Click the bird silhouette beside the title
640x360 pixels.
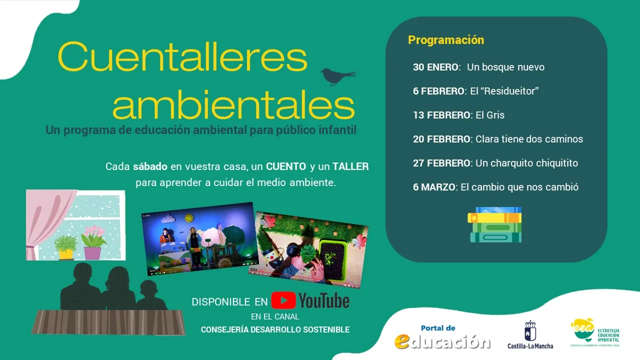click(x=336, y=76)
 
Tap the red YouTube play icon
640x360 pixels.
click(x=283, y=300)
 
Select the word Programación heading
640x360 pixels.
click(x=446, y=40)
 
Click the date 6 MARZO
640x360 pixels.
click(x=434, y=187)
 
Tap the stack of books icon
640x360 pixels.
click(x=494, y=224)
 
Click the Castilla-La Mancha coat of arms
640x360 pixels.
click(x=530, y=330)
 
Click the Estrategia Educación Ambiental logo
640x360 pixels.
click(x=595, y=332)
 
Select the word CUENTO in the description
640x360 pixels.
click(x=286, y=166)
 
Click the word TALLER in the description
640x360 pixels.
click(x=350, y=166)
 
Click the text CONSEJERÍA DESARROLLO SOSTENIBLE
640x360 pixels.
click(x=275, y=329)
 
